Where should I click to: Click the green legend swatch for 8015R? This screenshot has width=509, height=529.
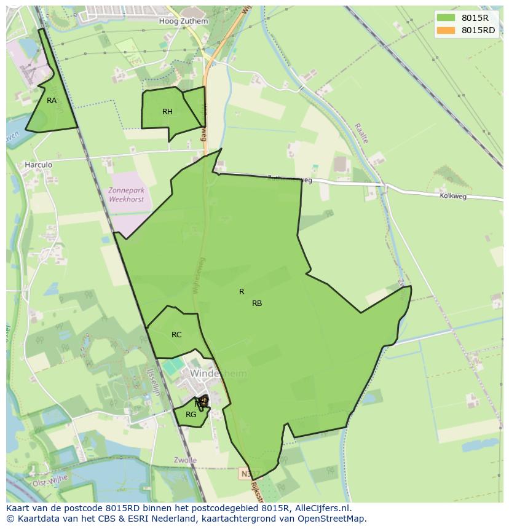coord(446,17)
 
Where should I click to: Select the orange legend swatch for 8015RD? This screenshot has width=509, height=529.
coord(446,30)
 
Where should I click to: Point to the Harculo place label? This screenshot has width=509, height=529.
coord(38,165)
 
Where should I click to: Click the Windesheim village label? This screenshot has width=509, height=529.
coord(218,374)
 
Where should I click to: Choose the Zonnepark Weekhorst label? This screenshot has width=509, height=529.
coord(126,195)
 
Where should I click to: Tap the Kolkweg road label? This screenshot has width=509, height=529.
coord(453,196)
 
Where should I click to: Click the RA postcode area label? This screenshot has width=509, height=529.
coord(52,100)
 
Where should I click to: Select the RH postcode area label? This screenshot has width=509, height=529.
coord(167,111)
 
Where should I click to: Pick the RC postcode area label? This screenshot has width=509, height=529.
coord(176,335)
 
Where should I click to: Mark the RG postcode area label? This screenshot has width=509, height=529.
coord(191,415)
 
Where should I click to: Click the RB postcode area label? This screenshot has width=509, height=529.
coord(257,303)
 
